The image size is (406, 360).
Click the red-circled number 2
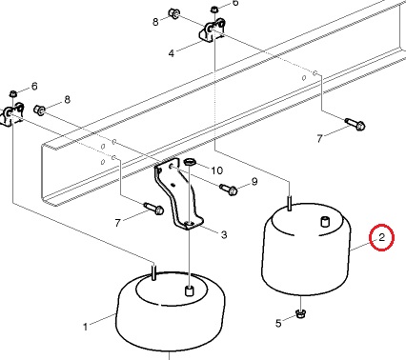tap(381, 237)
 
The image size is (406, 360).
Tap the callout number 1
tap(85, 327)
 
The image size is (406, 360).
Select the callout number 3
tap(224, 234)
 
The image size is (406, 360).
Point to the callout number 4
tap(172, 53)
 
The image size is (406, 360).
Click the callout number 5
tap(278, 323)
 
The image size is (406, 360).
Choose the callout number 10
tap(217, 170)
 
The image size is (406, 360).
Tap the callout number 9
tap(254, 182)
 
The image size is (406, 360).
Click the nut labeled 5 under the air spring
tap(300, 314)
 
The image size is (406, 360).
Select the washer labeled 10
tap(190, 162)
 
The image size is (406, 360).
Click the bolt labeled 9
tap(229, 190)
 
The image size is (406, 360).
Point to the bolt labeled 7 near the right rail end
tap(355, 124)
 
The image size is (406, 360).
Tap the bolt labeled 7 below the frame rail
tap(154, 209)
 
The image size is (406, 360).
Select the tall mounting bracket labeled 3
tap(178, 196)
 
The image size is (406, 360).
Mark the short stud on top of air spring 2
tap(324, 221)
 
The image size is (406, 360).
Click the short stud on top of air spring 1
tap(189, 290)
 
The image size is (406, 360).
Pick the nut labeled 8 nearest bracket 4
tap(174, 13)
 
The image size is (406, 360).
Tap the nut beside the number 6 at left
tap(13, 93)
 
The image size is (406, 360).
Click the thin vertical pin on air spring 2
tap(290, 203)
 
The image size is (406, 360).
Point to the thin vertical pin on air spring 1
tap(153, 272)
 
